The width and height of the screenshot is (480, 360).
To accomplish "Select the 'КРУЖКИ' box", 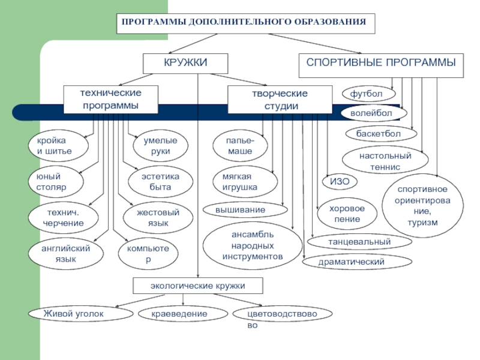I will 185,63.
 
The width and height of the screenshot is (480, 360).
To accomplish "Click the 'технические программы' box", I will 111,100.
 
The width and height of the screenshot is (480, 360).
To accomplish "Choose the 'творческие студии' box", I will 279,100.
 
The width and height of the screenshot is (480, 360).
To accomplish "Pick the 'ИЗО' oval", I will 340,182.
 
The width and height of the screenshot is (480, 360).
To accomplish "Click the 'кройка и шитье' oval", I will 58,146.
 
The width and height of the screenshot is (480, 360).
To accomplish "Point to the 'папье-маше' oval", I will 239,146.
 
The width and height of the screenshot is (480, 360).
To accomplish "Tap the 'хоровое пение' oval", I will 348,214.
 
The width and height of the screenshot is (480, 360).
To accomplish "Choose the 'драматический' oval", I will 357,262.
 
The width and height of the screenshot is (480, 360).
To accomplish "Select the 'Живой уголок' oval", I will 80,314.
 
